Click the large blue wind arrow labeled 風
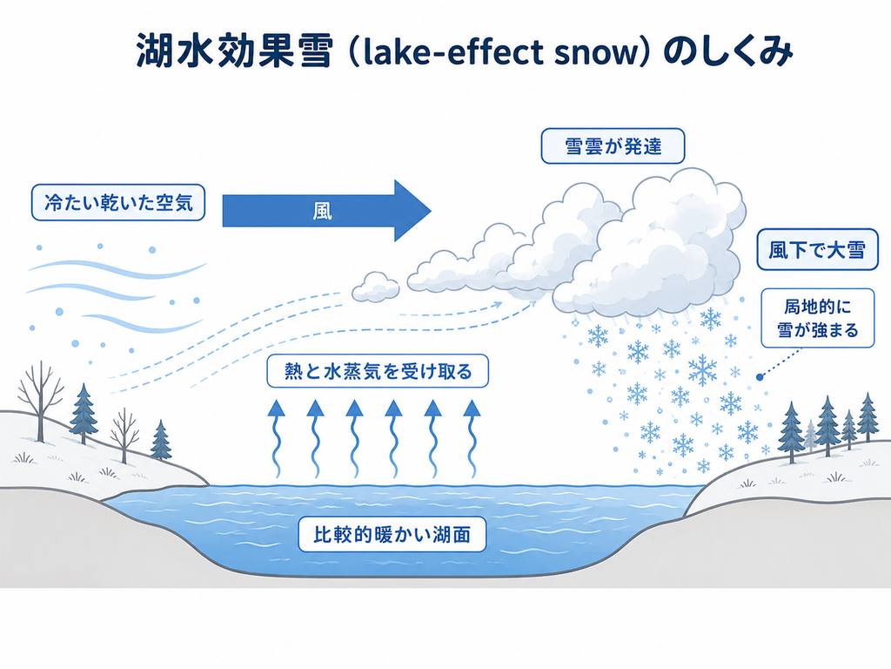click(x=326, y=211)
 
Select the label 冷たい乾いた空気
click(x=118, y=202)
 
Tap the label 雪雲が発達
click(x=613, y=146)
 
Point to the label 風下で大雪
click(x=817, y=250)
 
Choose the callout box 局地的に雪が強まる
click(x=818, y=319)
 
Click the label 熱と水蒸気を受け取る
click(x=378, y=371)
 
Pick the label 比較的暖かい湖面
click(x=392, y=534)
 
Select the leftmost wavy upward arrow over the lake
click(x=276, y=438)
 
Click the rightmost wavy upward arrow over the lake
click(x=472, y=438)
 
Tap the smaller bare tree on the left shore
click(x=124, y=436)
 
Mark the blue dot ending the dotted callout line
click(x=760, y=377)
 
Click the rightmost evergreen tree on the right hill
click(x=868, y=417)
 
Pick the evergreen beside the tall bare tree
click(x=84, y=414)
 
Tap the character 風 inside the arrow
click(x=322, y=212)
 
